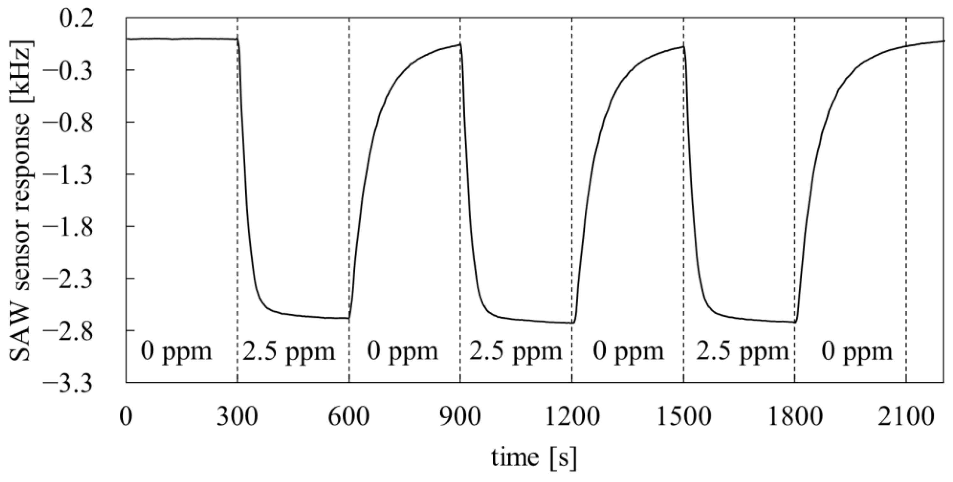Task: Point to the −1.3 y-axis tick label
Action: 69,174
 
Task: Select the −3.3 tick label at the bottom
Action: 69,381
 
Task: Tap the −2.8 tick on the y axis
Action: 69,330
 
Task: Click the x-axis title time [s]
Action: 534,457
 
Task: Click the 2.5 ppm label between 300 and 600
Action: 289,352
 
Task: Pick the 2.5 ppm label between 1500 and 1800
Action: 742,352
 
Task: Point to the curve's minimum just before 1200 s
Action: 573,323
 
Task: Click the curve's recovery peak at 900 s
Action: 459,55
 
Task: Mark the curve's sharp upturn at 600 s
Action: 349,317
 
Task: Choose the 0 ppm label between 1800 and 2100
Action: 857,352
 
